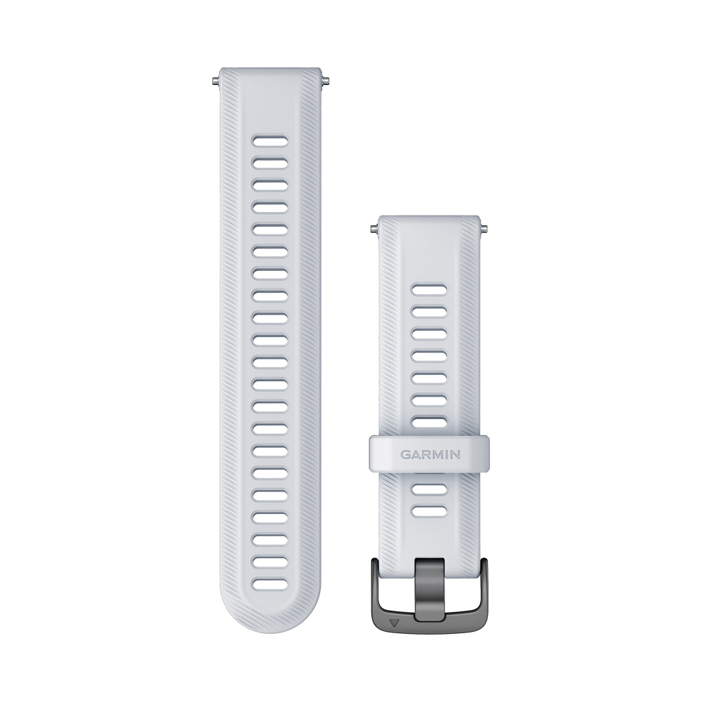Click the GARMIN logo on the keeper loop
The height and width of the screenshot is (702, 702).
coord(430,455)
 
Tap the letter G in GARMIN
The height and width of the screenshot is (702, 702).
coord(405,455)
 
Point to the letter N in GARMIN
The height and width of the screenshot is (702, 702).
coord(456,455)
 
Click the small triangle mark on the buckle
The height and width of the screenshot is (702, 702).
coord(394,622)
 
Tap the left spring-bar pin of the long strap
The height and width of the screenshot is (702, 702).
coord(216,81)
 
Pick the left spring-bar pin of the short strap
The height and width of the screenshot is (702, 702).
coord(375,230)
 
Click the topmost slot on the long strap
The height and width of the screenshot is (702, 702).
coord(270,140)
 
